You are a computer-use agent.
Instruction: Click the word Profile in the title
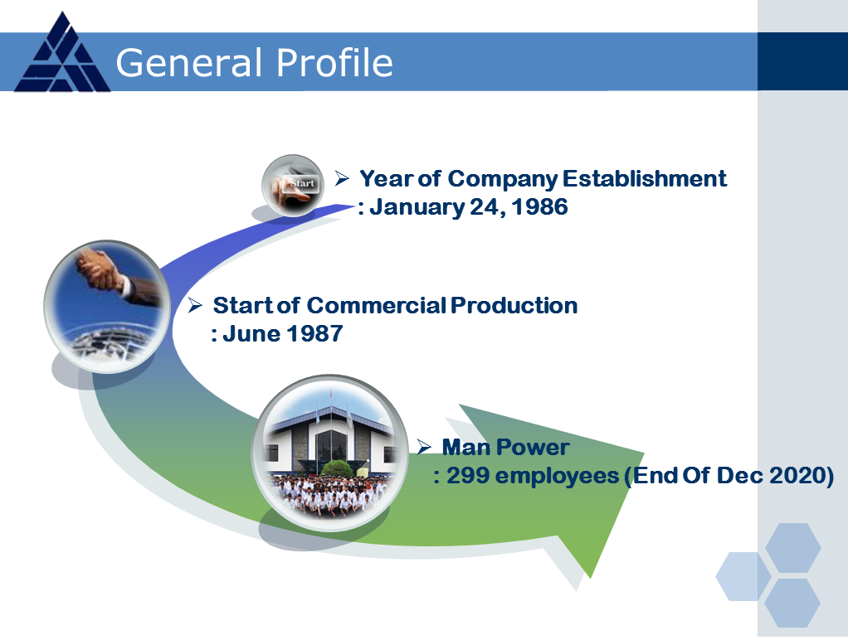(x=334, y=63)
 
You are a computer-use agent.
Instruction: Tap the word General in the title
(x=188, y=63)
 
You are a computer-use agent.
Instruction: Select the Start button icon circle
(x=293, y=186)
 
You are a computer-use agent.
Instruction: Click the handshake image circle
(x=107, y=306)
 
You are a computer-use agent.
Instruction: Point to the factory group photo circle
(x=330, y=453)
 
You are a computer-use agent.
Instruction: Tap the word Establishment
(x=645, y=179)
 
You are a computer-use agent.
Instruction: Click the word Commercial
(x=377, y=305)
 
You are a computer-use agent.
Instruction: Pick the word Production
(x=514, y=305)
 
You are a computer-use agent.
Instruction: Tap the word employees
(x=557, y=477)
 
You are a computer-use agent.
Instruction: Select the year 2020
(x=797, y=476)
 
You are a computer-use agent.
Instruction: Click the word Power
(x=532, y=448)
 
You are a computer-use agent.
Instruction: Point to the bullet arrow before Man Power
(x=424, y=447)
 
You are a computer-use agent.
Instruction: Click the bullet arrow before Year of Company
(x=342, y=178)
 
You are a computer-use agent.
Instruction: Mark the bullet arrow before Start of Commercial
(x=195, y=305)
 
